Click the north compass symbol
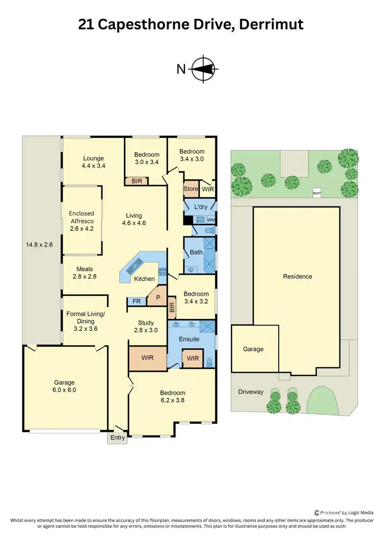click(x=205, y=68)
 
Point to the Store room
click(x=190, y=189)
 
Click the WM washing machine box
click(x=211, y=220)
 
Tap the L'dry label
click(x=200, y=207)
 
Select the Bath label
click(x=196, y=252)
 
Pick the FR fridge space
click(x=137, y=302)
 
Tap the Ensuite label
click(x=189, y=339)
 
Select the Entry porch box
click(x=117, y=438)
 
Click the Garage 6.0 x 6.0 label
click(x=65, y=386)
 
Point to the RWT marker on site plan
click(x=317, y=193)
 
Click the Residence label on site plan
click(x=297, y=277)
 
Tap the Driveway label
click(x=251, y=392)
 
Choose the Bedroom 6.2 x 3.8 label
click(x=173, y=396)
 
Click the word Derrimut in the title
click(x=273, y=24)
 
